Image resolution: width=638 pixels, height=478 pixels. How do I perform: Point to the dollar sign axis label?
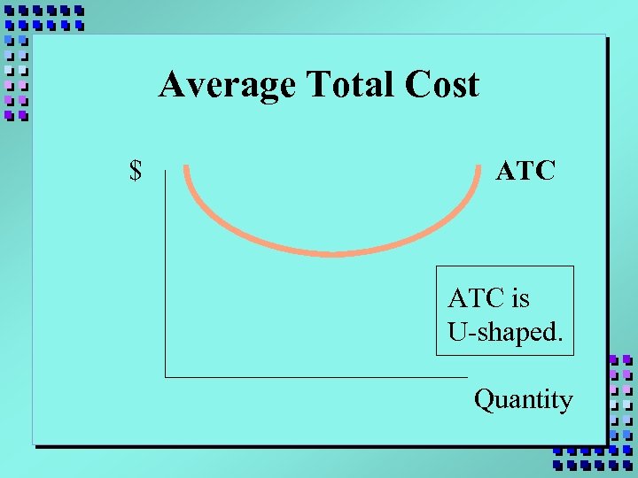[136, 170]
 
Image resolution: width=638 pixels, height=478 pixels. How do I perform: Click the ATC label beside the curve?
[525, 170]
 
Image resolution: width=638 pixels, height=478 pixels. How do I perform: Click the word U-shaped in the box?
[502, 333]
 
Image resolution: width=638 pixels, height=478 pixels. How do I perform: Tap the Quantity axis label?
[524, 400]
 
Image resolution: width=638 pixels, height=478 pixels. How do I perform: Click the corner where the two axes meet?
[166, 377]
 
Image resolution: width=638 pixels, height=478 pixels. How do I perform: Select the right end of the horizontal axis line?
[467, 377]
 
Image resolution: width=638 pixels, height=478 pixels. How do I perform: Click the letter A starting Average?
[170, 86]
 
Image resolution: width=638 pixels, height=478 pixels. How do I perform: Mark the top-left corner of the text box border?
[436, 266]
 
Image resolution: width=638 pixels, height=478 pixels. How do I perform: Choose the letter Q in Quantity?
[484, 400]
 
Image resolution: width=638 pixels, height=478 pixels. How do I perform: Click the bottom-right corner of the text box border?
[573, 355]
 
